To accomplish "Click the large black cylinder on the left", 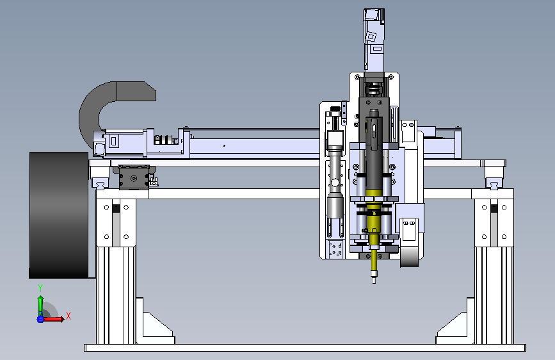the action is coord(59,215).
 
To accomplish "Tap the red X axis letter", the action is coord(68,316).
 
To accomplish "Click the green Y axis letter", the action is coord(40,288).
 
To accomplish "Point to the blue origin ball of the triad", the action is coord(40,319).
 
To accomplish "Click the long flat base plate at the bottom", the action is coord(305,348).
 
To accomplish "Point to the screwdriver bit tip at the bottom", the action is coord(374,281).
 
